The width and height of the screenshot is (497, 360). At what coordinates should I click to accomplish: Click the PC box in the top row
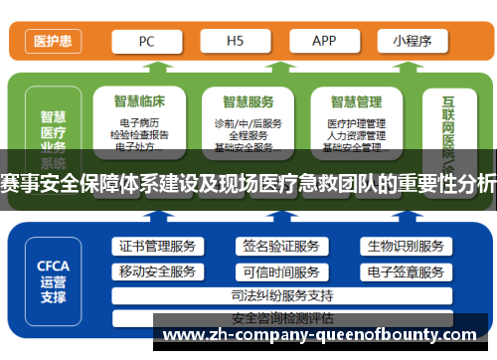[145, 41]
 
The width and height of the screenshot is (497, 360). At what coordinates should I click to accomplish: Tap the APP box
[324, 41]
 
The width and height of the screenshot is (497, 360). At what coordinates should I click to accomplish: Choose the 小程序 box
[412, 41]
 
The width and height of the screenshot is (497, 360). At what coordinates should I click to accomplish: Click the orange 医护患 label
[53, 42]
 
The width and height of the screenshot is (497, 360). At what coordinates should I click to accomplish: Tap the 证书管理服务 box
[157, 246]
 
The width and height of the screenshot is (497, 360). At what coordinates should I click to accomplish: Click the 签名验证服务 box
[281, 246]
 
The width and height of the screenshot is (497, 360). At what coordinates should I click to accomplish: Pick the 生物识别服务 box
[405, 246]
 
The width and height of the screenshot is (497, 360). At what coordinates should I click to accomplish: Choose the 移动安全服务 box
[157, 271]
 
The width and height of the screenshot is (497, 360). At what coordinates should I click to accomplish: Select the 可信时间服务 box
[281, 271]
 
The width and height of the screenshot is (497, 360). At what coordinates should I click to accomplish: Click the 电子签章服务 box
[405, 271]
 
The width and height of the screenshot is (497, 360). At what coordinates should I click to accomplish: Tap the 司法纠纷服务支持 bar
[281, 295]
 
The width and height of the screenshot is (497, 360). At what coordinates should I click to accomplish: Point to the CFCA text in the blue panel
[53, 266]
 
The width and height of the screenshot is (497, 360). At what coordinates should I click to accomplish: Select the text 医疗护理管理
[356, 122]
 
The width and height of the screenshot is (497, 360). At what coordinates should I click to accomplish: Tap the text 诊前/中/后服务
[248, 122]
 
